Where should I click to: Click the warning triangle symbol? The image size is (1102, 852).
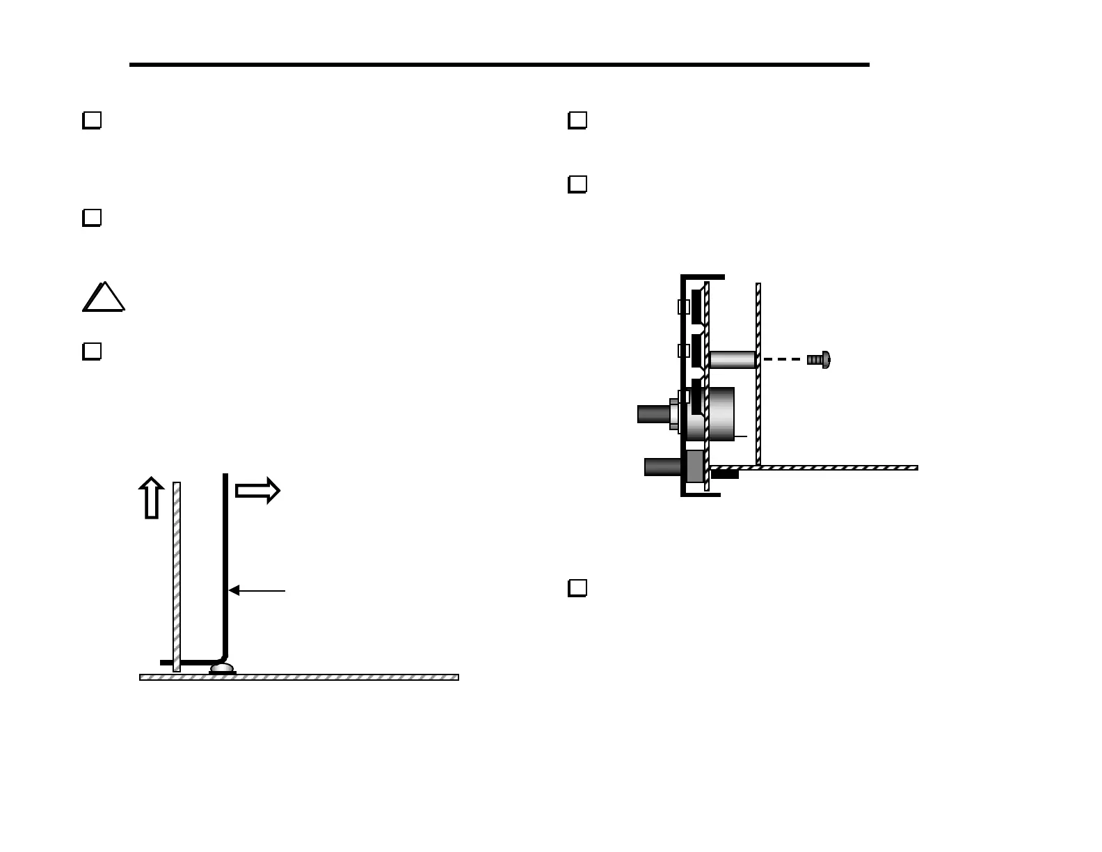(104, 299)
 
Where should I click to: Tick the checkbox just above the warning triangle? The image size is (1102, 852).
(92, 218)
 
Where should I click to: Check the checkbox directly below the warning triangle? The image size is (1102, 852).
(92, 352)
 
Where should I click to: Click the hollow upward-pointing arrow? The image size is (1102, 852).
(151, 498)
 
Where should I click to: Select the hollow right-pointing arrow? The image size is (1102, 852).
(257, 491)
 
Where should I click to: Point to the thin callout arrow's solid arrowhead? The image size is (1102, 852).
(234, 590)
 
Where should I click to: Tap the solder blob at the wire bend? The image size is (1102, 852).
(223, 669)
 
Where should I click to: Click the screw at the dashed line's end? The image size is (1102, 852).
(819, 360)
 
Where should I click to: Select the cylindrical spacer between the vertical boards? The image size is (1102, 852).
(733, 360)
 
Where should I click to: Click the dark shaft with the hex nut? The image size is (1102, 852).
(653, 414)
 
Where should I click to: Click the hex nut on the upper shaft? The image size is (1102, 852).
(673, 414)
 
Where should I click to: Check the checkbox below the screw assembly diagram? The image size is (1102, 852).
(577, 588)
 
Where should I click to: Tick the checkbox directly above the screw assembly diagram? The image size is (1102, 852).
(577, 184)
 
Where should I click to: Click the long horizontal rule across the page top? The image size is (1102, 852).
(499, 65)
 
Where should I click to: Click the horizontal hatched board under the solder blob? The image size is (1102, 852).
(299, 677)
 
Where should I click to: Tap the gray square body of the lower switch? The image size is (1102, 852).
(695, 466)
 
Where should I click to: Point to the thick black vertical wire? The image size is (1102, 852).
(225, 557)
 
